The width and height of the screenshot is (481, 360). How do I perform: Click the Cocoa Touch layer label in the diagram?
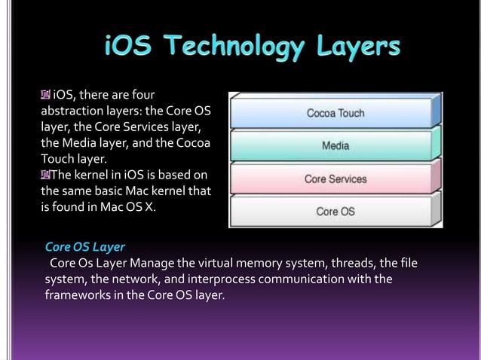tap(335, 114)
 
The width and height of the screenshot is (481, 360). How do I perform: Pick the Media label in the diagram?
tap(335, 146)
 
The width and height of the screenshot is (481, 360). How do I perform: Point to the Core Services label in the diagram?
tap(335, 179)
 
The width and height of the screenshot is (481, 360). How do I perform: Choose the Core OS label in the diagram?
tap(335, 212)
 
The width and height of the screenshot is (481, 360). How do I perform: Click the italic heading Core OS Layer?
tap(85, 246)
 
